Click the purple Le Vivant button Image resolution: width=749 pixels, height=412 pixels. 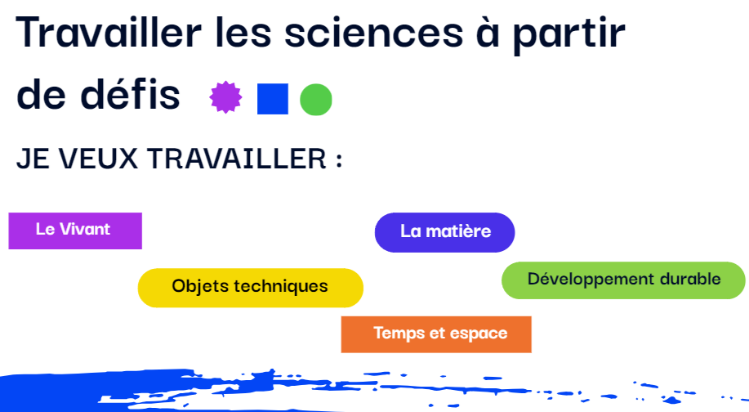(x=75, y=231)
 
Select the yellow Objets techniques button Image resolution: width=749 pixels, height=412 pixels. (x=250, y=288)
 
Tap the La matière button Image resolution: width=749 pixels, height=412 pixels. (x=444, y=232)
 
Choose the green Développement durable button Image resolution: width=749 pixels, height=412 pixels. (x=623, y=280)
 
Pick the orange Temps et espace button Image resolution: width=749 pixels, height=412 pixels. (x=436, y=334)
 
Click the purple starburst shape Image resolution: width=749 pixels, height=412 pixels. (x=225, y=97)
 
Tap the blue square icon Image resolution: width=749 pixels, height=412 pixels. (x=273, y=99)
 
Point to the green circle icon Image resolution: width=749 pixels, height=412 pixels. (x=316, y=100)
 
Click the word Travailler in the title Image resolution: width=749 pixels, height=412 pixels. (x=109, y=33)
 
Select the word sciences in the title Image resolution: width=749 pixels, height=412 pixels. (x=373, y=34)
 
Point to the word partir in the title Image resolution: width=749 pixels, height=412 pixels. (x=569, y=35)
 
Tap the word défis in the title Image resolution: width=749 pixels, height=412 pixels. (x=130, y=93)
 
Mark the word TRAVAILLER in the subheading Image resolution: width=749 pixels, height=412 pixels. (x=236, y=159)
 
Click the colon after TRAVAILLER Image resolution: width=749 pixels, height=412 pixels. (x=339, y=161)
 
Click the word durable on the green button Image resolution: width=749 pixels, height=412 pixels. (x=690, y=278)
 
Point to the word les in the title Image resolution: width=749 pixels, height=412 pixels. (x=243, y=33)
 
